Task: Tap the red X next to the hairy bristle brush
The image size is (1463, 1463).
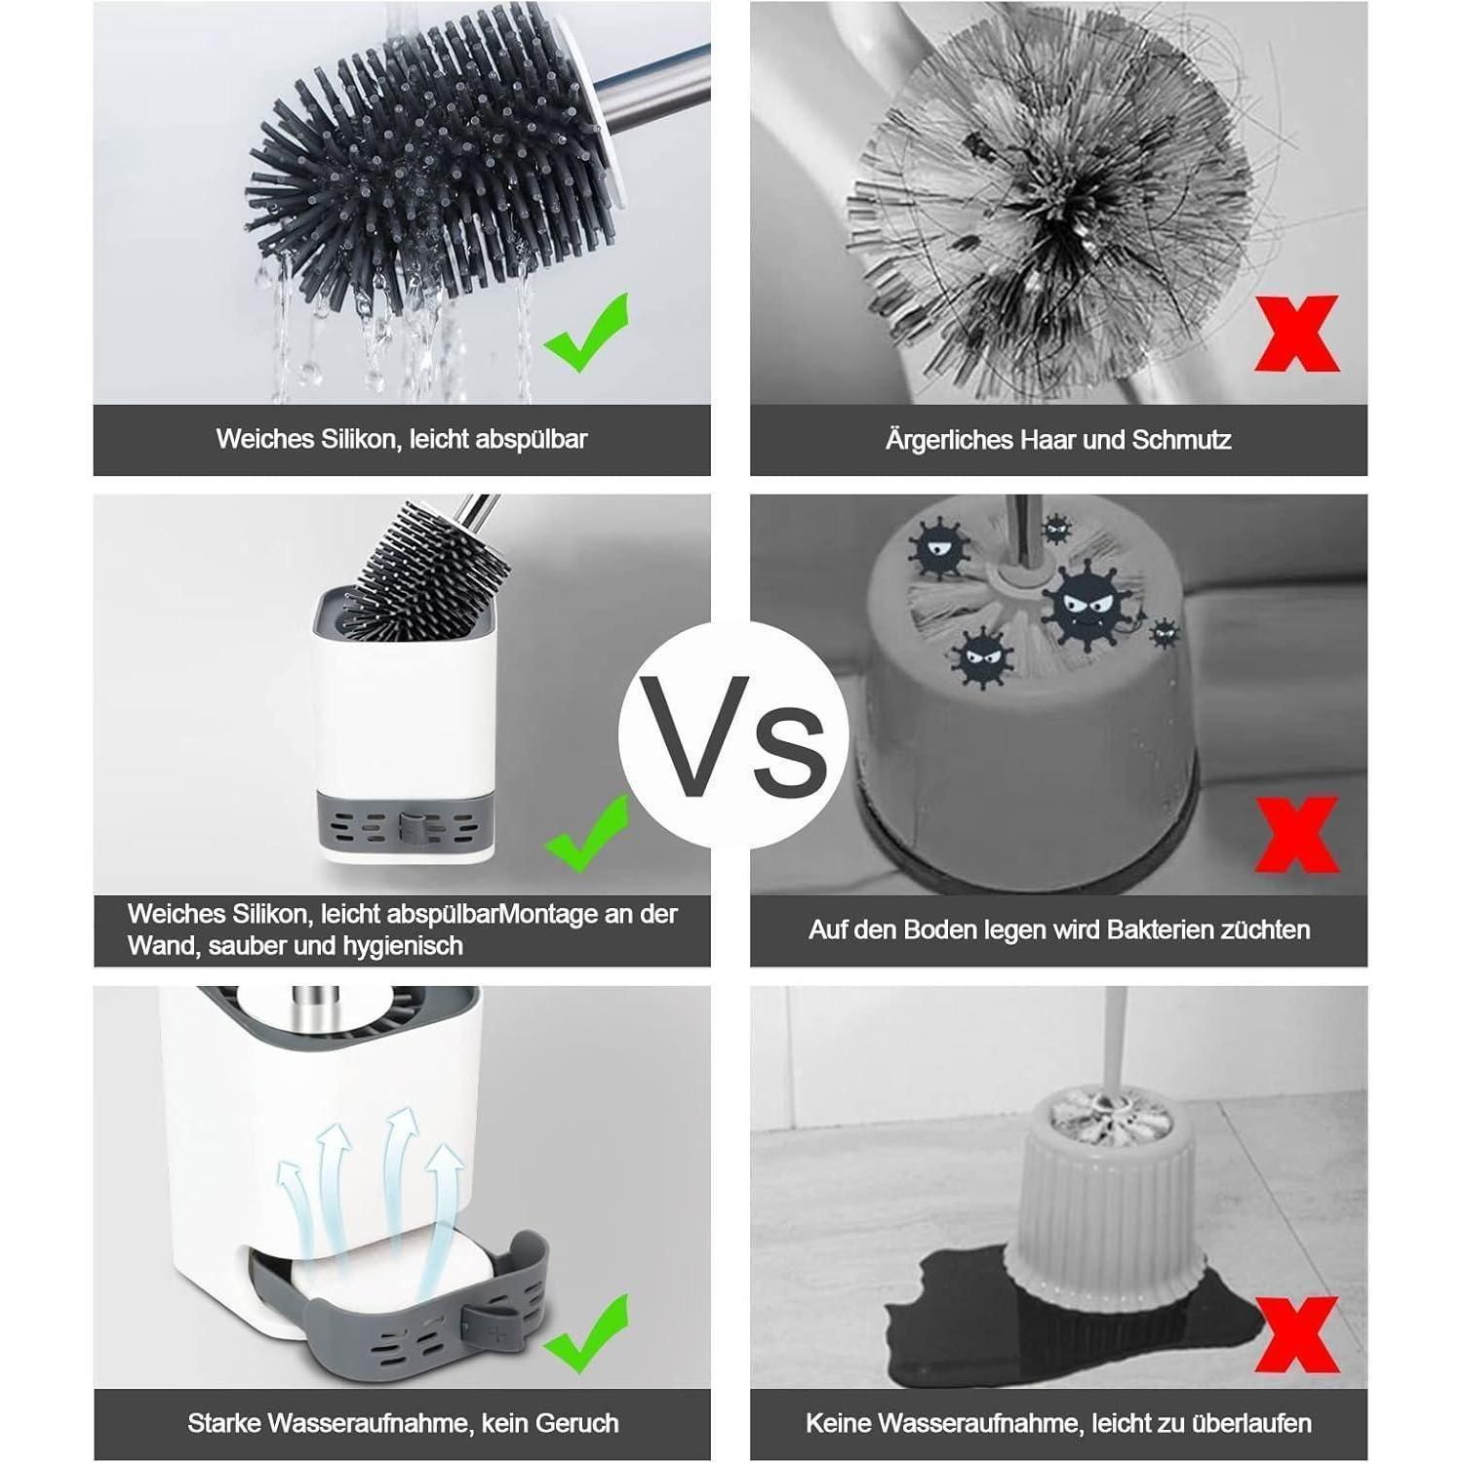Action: (1296, 334)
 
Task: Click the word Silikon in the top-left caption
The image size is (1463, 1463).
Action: (359, 439)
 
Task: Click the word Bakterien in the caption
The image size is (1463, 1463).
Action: (1161, 929)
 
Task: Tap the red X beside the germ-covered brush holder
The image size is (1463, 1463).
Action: (1296, 835)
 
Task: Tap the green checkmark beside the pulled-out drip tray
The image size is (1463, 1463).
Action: (587, 1332)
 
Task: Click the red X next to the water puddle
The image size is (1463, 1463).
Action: (1296, 1334)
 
